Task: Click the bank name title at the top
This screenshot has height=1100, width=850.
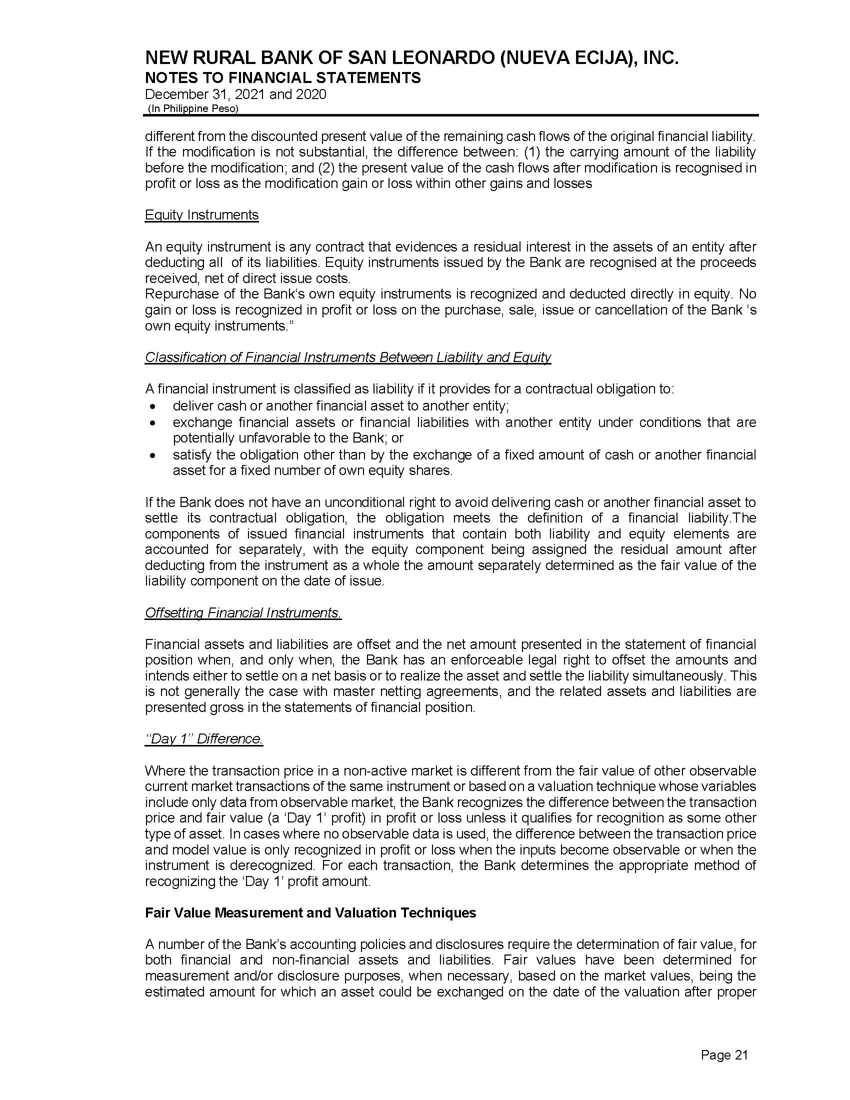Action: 411,59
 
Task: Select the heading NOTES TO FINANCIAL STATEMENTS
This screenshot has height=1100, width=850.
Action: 282,78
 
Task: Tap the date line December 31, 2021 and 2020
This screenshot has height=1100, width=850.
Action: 235,94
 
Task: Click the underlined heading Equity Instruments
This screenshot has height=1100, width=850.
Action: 201,215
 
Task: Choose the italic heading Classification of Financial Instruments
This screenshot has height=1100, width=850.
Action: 347,357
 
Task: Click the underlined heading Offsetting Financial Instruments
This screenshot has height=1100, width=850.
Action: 242,613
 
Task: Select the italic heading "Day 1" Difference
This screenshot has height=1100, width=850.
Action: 203,739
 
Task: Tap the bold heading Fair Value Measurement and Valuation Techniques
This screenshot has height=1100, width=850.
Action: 310,912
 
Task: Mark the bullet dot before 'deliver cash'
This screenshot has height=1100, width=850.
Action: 153,406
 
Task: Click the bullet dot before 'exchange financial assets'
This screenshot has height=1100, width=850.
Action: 153,422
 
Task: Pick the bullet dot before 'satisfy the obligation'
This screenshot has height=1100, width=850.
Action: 153,455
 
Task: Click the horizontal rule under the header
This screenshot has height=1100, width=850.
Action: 450,116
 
